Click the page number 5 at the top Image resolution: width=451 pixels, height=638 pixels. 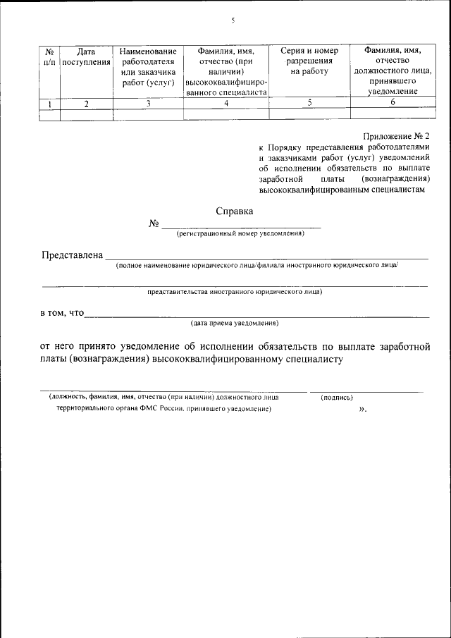coord(232,20)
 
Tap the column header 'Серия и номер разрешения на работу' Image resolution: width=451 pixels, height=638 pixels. coord(309,61)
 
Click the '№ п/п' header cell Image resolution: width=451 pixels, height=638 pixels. coord(49,56)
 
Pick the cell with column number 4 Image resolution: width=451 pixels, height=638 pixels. coord(226,104)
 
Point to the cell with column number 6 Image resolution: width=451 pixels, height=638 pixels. coord(392,103)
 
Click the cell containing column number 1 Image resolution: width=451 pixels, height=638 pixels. coord(49,104)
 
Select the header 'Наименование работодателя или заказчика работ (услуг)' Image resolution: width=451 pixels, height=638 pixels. coord(148,66)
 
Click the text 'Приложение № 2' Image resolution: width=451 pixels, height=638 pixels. coord(396,135)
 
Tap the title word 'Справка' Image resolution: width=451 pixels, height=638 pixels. coord(235,210)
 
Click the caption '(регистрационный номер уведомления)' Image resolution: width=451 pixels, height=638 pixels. coord(240,233)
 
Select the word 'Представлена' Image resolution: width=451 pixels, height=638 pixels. coord(72,254)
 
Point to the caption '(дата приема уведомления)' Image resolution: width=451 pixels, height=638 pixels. coord(235,323)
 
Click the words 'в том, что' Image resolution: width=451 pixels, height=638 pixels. coord(61,313)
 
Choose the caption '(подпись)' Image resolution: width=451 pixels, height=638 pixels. coord(337,397)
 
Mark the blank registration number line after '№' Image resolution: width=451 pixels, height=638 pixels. coord(241,227)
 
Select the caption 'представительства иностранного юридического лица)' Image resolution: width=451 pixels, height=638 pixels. coord(235,290)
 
